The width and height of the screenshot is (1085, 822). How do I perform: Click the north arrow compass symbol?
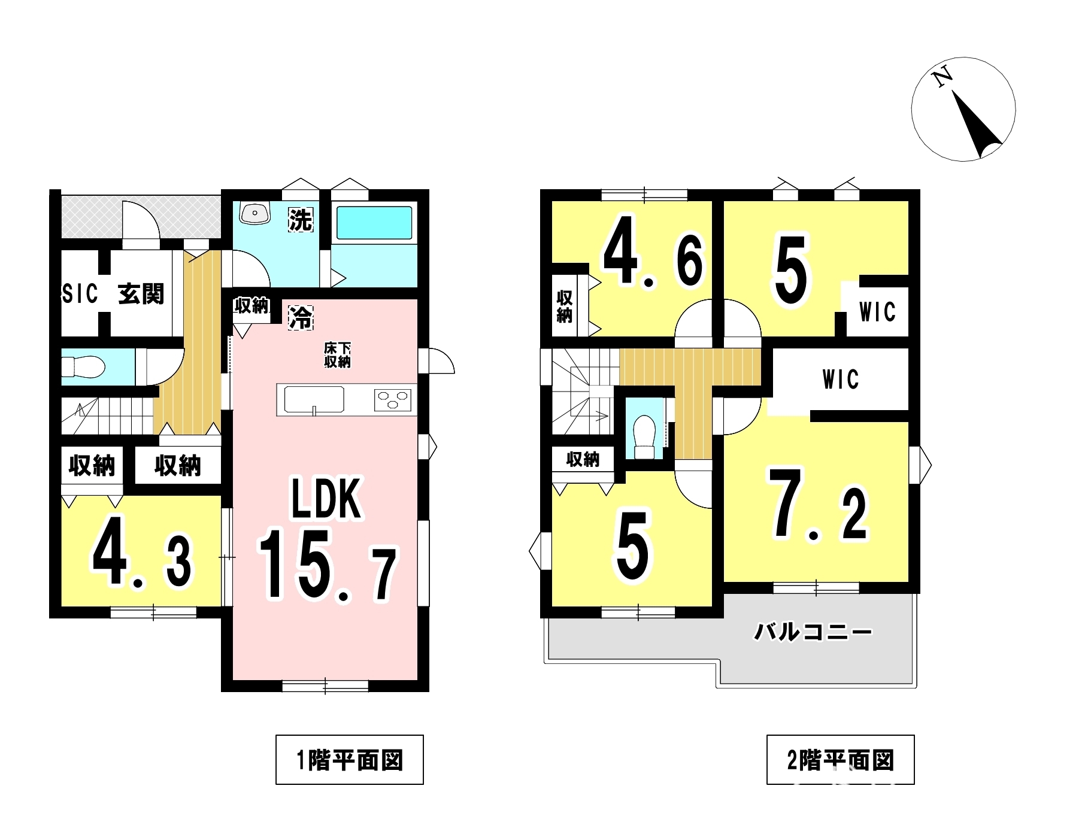tap(963, 108)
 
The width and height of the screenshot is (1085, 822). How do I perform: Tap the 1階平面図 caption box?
tap(349, 760)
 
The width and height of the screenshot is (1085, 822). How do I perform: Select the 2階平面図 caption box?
tap(840, 760)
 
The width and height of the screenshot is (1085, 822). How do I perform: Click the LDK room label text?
tap(326, 498)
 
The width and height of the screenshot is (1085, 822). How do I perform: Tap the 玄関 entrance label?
tap(141, 294)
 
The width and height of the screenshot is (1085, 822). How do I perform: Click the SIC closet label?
tap(80, 294)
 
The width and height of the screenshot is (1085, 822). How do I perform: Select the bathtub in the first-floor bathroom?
tap(374, 223)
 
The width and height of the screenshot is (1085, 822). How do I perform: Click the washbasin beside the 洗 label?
tap(256, 213)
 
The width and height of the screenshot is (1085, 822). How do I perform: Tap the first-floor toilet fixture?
tap(83, 366)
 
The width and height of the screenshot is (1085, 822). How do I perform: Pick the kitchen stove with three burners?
tap(393, 400)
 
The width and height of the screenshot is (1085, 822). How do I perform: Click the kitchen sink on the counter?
tap(314, 399)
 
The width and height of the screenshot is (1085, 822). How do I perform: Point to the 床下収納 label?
tap(337, 354)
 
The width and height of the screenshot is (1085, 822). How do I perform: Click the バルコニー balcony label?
tap(812, 632)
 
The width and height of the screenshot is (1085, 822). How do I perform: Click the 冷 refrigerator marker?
tap(301, 317)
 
